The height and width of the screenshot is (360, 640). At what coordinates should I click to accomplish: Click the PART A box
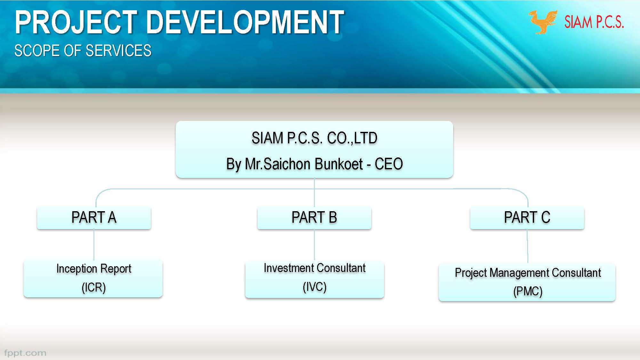pos(94,218)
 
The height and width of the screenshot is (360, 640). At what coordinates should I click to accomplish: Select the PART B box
pos(314,218)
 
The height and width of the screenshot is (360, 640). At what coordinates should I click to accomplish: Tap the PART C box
pos(527,218)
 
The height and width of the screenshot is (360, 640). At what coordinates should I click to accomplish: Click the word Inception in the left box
pos(76,269)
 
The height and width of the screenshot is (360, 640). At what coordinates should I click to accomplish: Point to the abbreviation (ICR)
pos(93,287)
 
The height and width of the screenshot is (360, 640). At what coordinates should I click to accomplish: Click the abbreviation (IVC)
pos(315,287)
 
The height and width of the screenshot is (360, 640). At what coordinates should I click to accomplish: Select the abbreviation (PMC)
pos(528,291)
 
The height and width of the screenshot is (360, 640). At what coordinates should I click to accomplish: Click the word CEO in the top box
pos(388,164)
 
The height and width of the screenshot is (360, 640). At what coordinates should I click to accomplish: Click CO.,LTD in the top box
pos(352,138)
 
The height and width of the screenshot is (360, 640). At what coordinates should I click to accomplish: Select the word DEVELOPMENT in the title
pos(245,22)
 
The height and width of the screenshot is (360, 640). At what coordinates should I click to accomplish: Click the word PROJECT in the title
pos(76,22)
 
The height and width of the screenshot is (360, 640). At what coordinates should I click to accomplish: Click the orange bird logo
pos(542,22)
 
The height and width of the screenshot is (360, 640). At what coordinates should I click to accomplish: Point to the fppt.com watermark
pos(25,353)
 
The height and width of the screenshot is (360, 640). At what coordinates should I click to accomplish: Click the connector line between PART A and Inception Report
pos(94,244)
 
